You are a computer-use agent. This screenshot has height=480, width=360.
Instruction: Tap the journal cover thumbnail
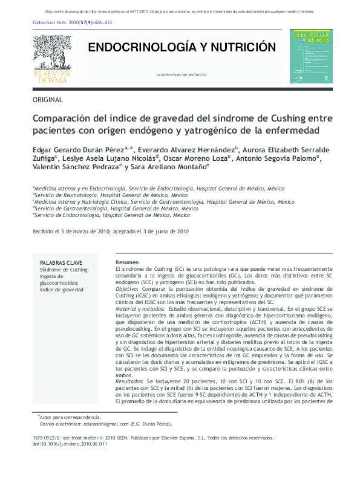coord(311,56)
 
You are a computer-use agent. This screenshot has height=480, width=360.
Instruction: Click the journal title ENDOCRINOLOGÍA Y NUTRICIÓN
coord(182,48)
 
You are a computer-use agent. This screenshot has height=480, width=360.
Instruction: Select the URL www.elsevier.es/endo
coord(182,74)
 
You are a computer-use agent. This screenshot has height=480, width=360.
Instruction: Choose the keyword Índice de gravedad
coord(61,290)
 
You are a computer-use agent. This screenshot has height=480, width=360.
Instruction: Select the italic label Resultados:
coord(129,382)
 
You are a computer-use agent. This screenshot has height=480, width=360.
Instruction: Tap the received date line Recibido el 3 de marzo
coord(110,231)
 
